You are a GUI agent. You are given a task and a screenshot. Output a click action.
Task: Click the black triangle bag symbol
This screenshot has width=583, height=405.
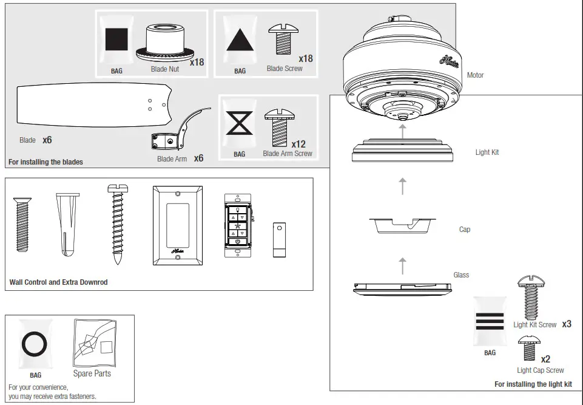click(240, 40)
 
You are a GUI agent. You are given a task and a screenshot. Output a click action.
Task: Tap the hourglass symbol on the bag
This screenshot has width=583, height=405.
click(239, 123)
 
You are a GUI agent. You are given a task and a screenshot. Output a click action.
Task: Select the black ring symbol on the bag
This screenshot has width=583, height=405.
click(35, 344)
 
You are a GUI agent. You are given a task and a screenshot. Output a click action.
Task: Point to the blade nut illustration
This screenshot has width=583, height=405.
click(164, 43)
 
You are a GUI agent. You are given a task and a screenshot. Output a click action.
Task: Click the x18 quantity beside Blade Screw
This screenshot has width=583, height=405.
click(305, 58)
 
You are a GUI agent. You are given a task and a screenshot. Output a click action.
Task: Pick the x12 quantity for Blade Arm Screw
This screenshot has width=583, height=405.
click(298, 144)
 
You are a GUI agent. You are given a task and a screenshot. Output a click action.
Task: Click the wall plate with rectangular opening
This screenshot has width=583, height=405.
click(177, 225)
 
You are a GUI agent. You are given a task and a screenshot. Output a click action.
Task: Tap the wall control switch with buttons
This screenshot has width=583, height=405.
click(238, 220)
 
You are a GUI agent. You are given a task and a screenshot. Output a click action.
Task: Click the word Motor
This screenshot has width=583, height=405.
click(475, 75)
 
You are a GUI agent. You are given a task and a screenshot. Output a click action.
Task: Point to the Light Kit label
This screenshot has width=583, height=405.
click(487, 152)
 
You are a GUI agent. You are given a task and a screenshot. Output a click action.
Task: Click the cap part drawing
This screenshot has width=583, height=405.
click(403, 225)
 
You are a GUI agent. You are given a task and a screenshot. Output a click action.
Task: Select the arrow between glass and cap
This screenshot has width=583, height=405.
click(402, 265)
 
